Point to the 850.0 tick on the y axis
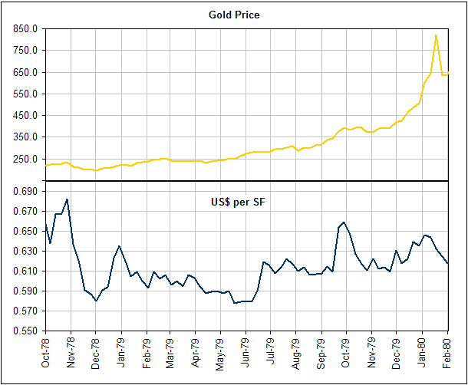click(25, 28)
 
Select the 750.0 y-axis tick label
click(25, 50)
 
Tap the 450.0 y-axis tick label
click(25, 115)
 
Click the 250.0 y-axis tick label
click(25, 159)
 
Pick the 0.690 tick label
click(25, 191)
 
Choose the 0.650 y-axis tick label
click(25, 231)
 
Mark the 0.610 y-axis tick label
click(25, 271)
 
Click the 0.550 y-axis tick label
click(25, 331)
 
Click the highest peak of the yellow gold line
click(436, 35)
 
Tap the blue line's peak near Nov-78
click(68, 199)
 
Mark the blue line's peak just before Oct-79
click(344, 222)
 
